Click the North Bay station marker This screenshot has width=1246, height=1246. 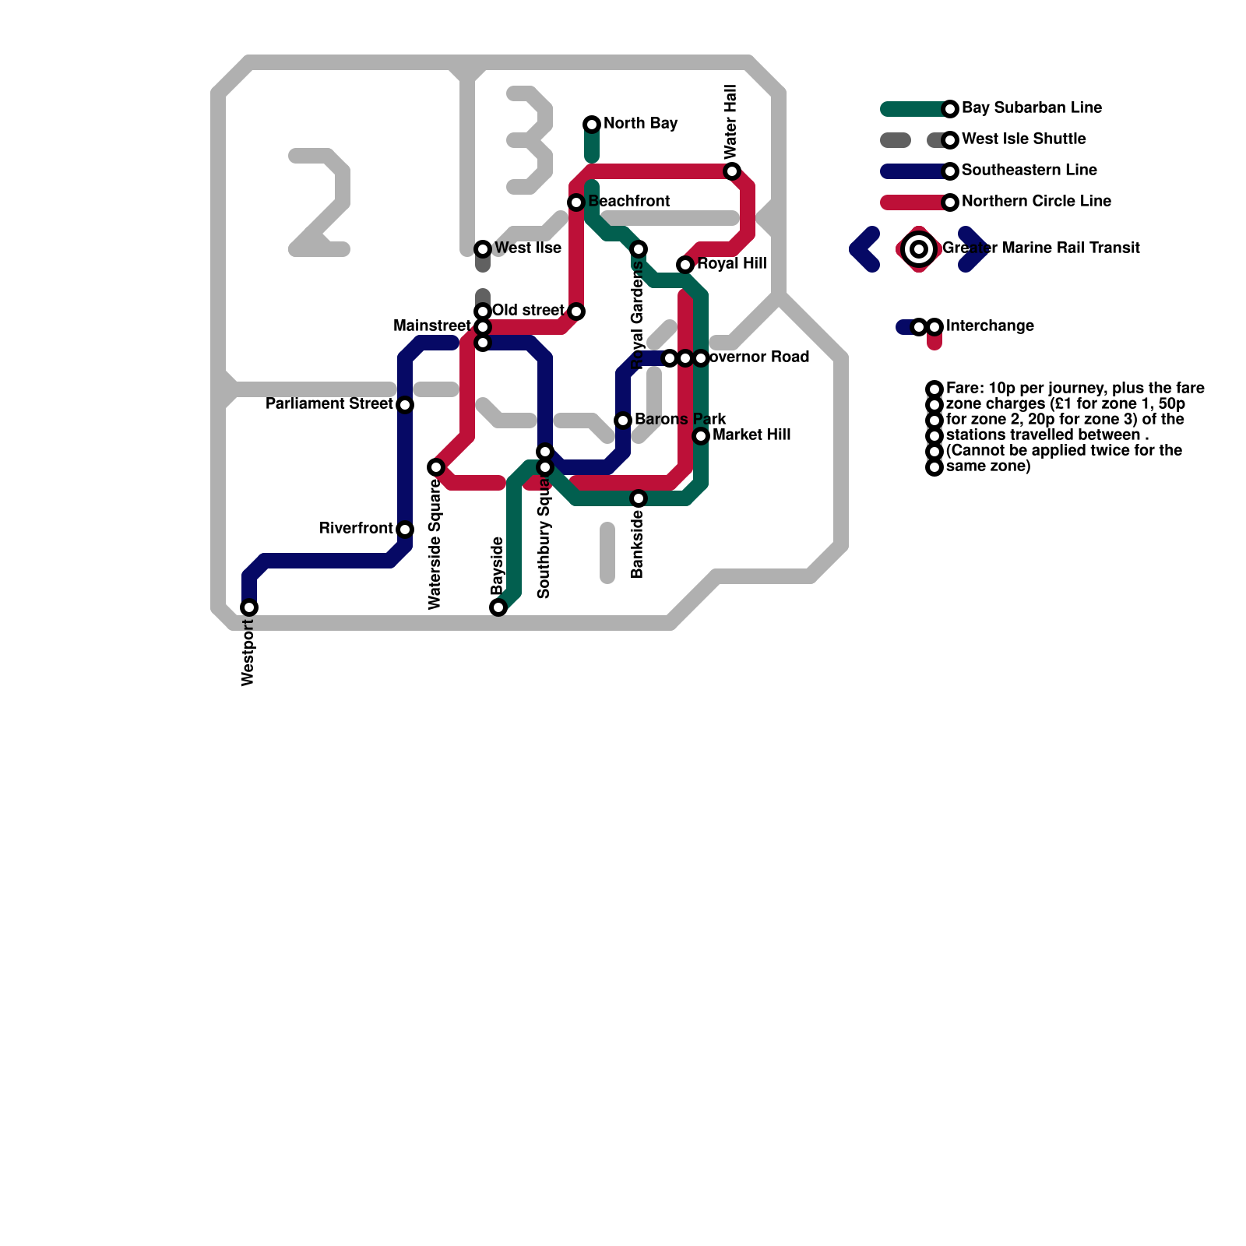click(x=592, y=125)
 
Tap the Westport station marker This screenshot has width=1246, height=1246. click(x=249, y=607)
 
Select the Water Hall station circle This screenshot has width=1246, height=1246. click(x=732, y=171)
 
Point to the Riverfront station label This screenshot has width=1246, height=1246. click(x=356, y=529)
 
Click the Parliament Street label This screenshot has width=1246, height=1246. click(x=329, y=404)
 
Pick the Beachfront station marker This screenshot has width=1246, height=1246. click(x=576, y=202)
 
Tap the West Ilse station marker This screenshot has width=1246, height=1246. click(x=483, y=249)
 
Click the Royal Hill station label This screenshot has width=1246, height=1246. click(x=732, y=264)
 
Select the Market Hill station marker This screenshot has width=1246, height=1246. click(x=701, y=436)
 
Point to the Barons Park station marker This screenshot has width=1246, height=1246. click(x=623, y=421)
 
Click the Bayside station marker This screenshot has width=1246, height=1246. click(x=498, y=607)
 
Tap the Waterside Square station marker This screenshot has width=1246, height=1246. click(x=436, y=467)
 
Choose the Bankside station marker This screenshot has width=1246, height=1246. click(x=639, y=498)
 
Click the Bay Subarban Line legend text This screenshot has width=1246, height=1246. click(x=1031, y=108)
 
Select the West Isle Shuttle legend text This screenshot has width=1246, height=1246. click(x=1023, y=139)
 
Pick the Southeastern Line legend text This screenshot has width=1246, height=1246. click(x=1029, y=171)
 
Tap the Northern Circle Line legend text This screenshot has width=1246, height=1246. click(x=1036, y=202)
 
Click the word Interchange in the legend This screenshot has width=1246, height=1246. click(x=990, y=326)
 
